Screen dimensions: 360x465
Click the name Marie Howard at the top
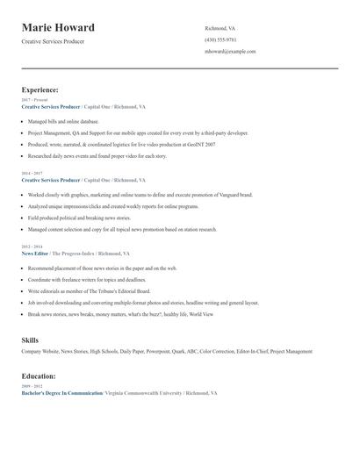pyautogui.click(x=58, y=27)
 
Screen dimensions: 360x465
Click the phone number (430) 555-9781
pyautogui.click(x=220, y=39)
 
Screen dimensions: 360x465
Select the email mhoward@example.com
pyautogui.click(x=230, y=52)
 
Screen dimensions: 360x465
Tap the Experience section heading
pyautogui.click(x=40, y=89)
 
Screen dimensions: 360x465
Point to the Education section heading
pyautogui.click(x=40, y=376)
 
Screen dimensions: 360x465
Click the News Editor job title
pyautogui.click(x=35, y=253)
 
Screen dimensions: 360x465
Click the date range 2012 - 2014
pyautogui.click(x=31, y=247)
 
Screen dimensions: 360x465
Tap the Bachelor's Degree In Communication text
pyautogui.click(x=61, y=393)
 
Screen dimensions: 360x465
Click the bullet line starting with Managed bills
pyautogui.click(x=63, y=121)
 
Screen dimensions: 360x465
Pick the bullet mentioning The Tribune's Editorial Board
pyautogui.click(x=89, y=290)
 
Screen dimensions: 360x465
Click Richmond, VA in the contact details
pyautogui.click(x=220, y=28)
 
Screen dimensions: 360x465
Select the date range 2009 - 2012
pyautogui.click(x=31, y=387)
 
